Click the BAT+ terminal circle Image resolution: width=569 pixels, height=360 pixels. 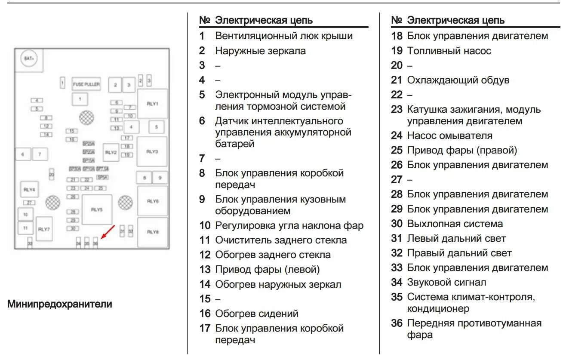point(29,59)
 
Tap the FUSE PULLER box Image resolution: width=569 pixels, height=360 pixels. point(86,84)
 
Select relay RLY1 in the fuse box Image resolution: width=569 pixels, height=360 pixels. point(152,104)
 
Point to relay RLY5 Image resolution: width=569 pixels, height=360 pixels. point(97,209)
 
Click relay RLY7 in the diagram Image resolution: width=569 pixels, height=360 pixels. point(44,229)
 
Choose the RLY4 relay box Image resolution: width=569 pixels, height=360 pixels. point(30,189)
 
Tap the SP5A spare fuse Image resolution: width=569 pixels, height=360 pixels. point(102,177)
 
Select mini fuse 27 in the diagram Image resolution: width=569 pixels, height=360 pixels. point(30,203)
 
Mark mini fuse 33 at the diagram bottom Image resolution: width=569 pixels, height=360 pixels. point(30,243)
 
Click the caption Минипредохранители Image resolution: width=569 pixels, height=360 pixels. point(60,304)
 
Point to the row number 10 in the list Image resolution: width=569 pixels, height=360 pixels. point(205,225)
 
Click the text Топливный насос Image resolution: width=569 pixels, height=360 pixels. point(449,51)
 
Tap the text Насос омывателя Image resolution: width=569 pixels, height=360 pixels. point(449,135)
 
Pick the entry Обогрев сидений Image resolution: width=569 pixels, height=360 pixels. point(257,314)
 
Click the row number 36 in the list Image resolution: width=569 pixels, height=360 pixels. point(397,323)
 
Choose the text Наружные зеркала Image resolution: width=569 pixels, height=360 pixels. point(260,51)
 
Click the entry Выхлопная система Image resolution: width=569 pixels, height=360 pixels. point(455,224)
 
